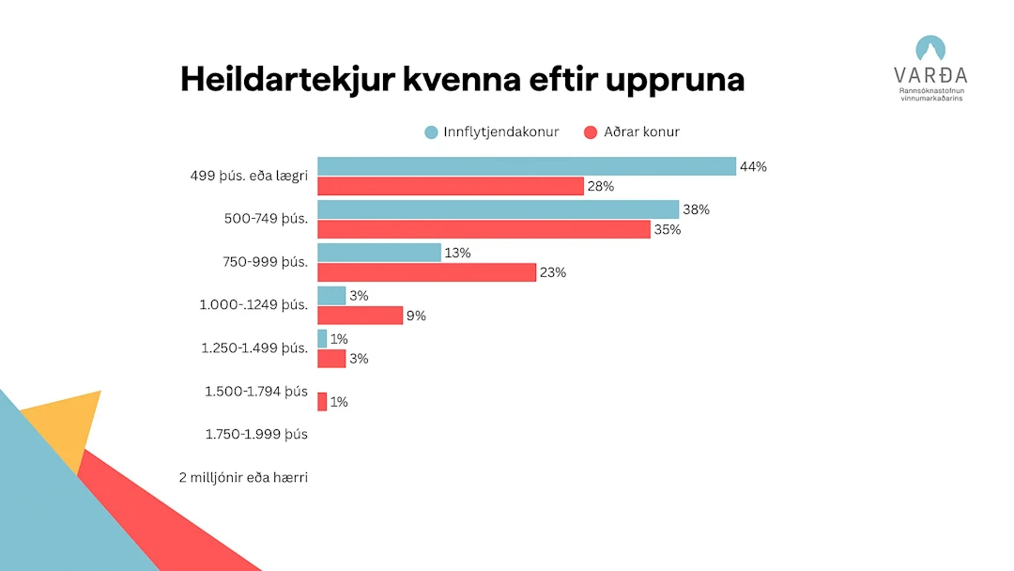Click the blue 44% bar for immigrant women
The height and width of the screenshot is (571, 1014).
point(526,166)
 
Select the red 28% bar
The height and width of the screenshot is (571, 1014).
point(451,186)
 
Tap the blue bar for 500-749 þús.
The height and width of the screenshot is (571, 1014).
point(498,209)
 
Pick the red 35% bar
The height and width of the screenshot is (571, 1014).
point(484,229)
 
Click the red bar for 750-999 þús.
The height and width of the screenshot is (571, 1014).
point(426,272)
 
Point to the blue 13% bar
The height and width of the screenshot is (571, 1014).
point(378,253)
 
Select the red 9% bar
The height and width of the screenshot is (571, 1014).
point(360,316)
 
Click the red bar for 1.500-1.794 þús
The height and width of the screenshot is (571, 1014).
point(322,402)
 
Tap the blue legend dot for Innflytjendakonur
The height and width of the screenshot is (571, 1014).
point(431,132)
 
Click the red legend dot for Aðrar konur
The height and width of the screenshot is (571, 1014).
point(591,132)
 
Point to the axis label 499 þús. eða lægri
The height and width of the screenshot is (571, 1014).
point(249,175)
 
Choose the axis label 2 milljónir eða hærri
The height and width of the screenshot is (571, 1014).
point(243,477)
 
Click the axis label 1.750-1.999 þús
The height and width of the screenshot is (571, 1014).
point(255,434)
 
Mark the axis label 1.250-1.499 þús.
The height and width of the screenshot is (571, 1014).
point(254,347)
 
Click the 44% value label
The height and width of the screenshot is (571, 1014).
point(753,166)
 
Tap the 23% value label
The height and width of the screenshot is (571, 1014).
point(553,272)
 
